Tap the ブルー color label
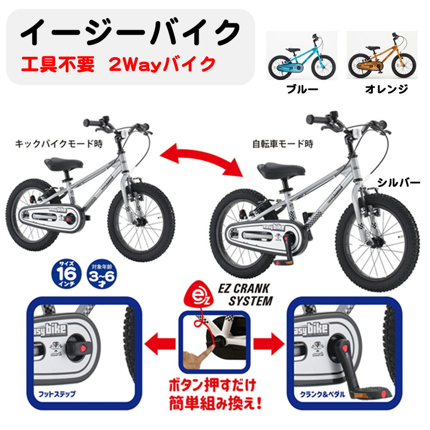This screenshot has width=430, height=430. (x=302, y=89)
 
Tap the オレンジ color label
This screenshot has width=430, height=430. (x=387, y=89)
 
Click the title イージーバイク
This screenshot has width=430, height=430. (x=131, y=32)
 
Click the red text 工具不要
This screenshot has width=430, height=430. (x=58, y=64)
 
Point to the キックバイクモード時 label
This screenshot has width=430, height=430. (x=58, y=144)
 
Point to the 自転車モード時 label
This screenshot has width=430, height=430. (x=283, y=144)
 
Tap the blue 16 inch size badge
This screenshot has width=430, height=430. (x=67, y=274)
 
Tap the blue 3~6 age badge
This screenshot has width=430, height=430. (x=101, y=274)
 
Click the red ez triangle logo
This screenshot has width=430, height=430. (x=198, y=295)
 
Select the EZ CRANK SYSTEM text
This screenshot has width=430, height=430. (x=246, y=295)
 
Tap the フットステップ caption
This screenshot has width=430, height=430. (x=57, y=394)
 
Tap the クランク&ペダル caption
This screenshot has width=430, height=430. (x=322, y=394)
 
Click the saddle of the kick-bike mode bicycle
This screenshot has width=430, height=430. (x=64, y=164)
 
